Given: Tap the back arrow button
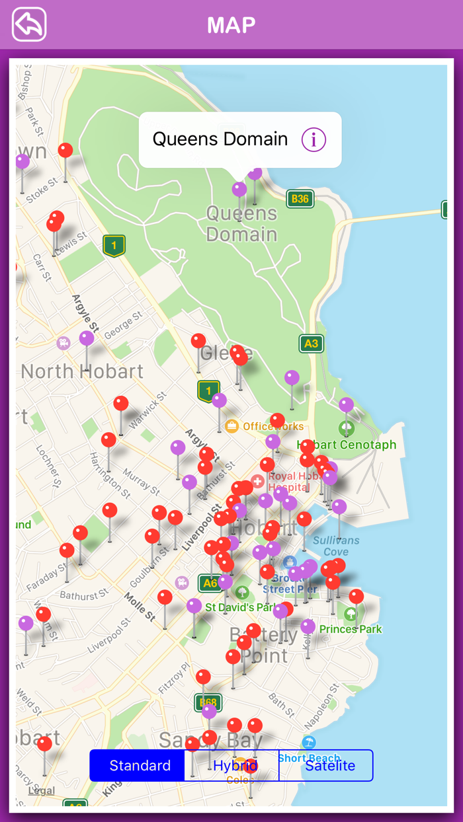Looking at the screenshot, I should point(29,24).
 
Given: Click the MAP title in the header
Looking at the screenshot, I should point(231,25).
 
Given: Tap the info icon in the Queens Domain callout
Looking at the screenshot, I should point(314,139).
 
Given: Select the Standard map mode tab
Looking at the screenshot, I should point(140,765).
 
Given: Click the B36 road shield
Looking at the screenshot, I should point(300,199).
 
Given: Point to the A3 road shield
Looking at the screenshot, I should point(311,344).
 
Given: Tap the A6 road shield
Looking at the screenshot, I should point(210,583).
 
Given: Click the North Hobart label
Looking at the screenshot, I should point(82,371).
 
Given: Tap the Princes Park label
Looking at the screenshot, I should point(351,629).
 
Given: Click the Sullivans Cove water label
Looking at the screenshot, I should point(336,546).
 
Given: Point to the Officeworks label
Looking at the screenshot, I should point(273,427).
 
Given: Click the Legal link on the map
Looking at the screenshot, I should point(41,790).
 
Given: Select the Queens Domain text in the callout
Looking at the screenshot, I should point(220,139).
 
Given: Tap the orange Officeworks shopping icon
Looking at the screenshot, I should point(232,426).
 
